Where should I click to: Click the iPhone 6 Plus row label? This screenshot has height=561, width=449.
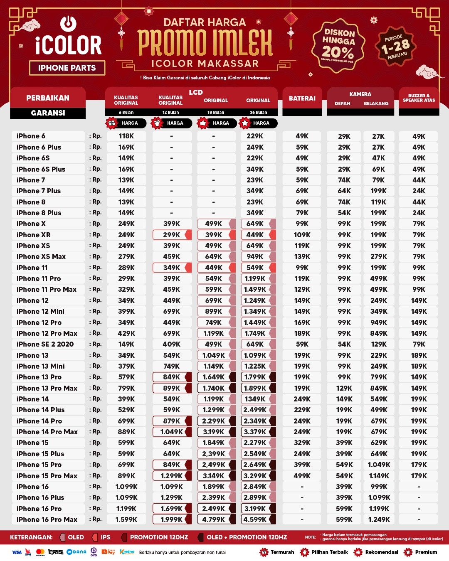pyautogui.click(x=39, y=147)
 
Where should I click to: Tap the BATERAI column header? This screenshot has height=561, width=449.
pyautogui.click(x=302, y=98)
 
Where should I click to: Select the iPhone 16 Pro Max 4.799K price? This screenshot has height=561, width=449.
pyautogui.click(x=214, y=519)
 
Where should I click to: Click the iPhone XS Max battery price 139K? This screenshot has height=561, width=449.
pyautogui.click(x=302, y=256)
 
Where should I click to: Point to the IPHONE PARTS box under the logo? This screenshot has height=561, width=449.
pyautogui.click(x=67, y=68)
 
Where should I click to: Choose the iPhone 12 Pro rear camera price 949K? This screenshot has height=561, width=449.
pyautogui.click(x=379, y=322)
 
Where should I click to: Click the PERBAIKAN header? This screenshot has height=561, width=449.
pyautogui.click(x=48, y=98)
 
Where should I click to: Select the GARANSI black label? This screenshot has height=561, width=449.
pyautogui.click(x=48, y=113)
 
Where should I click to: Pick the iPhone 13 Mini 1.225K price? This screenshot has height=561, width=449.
pyautogui.click(x=255, y=366)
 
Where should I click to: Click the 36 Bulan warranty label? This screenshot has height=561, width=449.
pyautogui.click(x=258, y=112)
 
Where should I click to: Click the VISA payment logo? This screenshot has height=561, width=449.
pyautogui.click(x=17, y=552)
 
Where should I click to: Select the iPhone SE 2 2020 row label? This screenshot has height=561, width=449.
pyautogui.click(x=45, y=344)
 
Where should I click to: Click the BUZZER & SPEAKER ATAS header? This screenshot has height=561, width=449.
pyautogui.click(x=419, y=98)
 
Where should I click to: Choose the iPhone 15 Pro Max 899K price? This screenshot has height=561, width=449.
pyautogui.click(x=126, y=476)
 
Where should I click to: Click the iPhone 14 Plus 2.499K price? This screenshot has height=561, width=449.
pyautogui.click(x=255, y=410)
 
